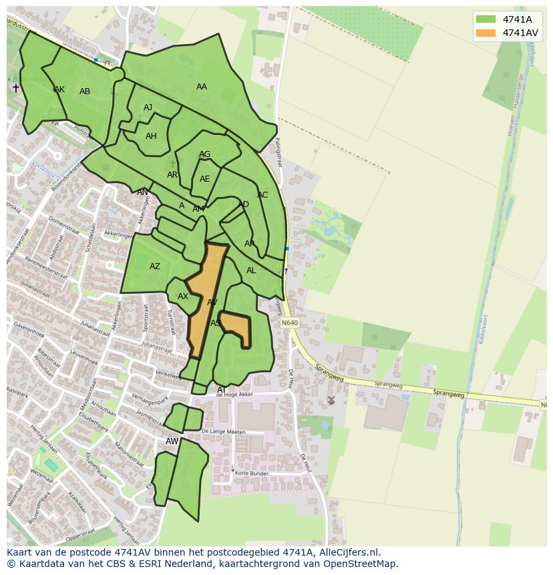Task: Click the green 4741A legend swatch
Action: [x=486, y=19]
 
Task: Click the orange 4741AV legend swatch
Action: [x=486, y=33]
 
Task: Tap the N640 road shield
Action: [x=289, y=323]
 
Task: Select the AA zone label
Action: [x=202, y=87]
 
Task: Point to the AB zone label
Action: [x=85, y=91]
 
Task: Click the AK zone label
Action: [x=59, y=89]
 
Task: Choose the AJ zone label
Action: [x=148, y=108]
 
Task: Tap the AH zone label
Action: [x=151, y=136]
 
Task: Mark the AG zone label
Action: [x=204, y=154]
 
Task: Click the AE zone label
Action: [x=204, y=179]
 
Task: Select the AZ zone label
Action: [x=155, y=266]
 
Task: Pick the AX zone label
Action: [x=183, y=297]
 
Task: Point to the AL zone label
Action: [x=251, y=270]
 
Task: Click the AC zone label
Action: [x=262, y=195]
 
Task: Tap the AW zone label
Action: [x=172, y=441]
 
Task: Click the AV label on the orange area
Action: [x=212, y=303]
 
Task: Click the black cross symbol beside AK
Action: [x=16, y=87]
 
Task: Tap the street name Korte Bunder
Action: [x=251, y=473]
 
